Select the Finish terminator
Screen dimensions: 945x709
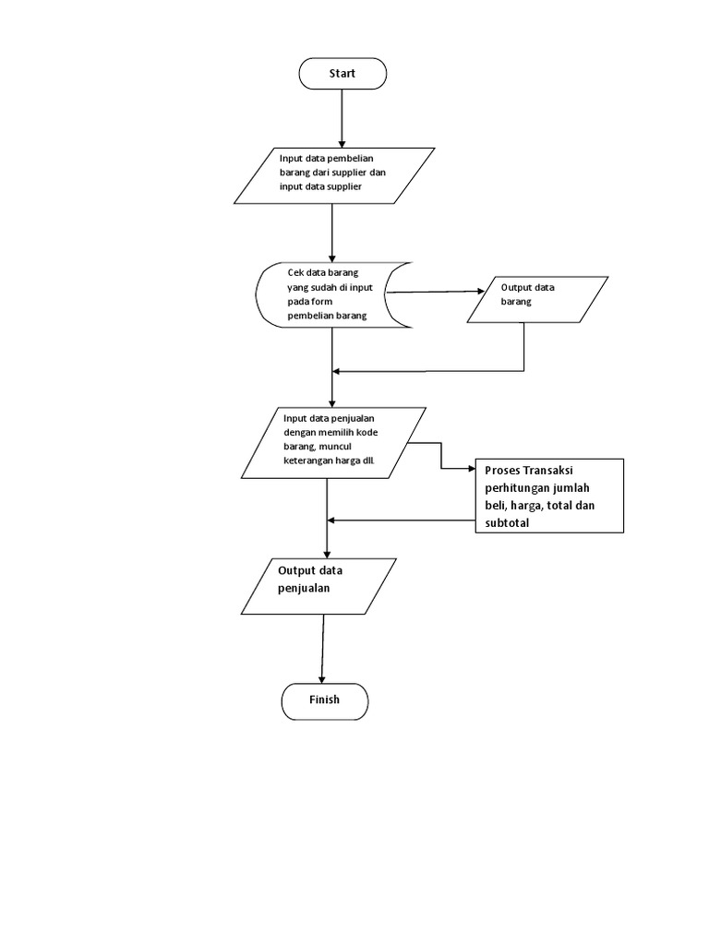click(x=324, y=700)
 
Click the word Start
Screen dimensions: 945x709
click(x=342, y=74)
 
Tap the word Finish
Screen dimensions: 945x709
click(x=324, y=700)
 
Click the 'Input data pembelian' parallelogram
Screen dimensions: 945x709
click(x=333, y=175)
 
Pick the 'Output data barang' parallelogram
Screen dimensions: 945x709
click(x=537, y=299)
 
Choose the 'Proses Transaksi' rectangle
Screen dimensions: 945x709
click(x=548, y=496)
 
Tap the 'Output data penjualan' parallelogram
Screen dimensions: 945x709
click(x=319, y=586)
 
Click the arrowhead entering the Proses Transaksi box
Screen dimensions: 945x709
click(x=467, y=468)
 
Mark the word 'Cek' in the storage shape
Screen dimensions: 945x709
click(x=296, y=273)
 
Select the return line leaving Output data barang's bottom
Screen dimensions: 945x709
click(x=524, y=349)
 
